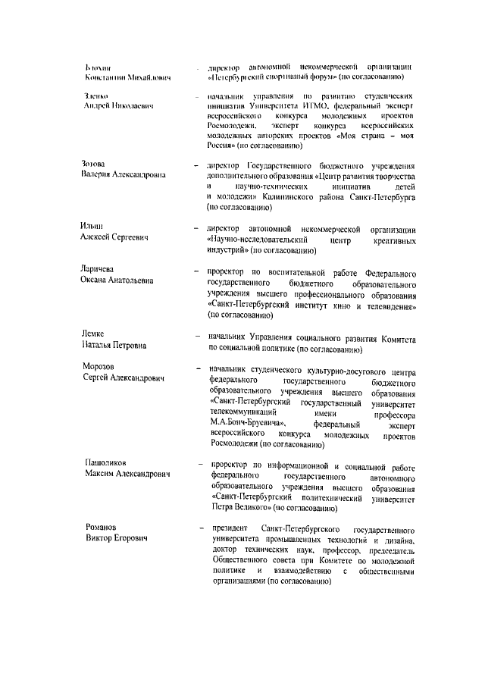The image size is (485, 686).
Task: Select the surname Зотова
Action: [93, 164]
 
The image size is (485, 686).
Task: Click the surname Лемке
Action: [93, 334]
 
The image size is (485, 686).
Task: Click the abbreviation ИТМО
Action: [298, 108]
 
